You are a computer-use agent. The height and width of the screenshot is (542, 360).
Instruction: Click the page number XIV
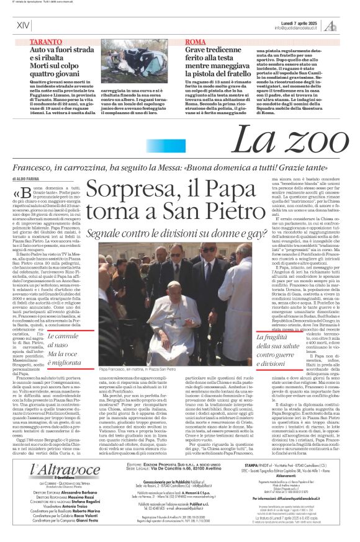(x=23, y=25)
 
